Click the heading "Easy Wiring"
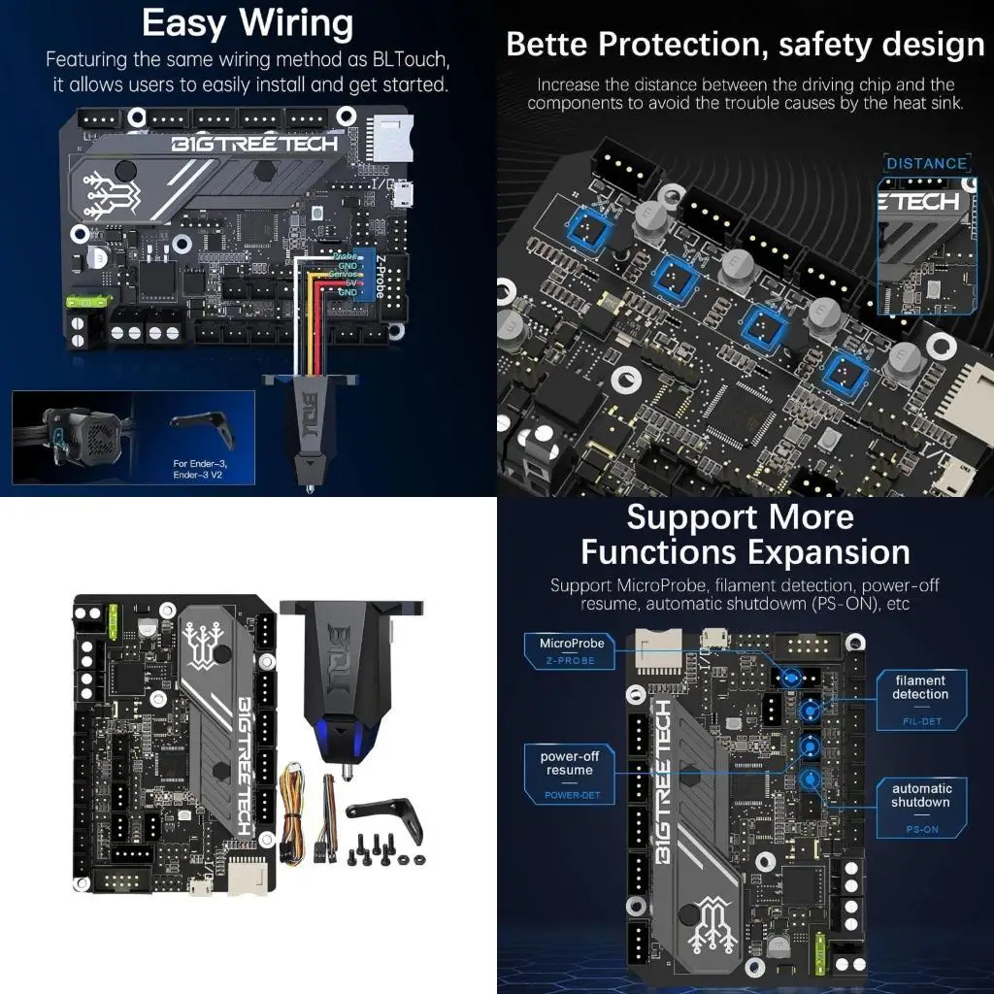[x=247, y=23]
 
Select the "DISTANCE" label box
[x=926, y=163]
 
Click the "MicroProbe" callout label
[x=572, y=644]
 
